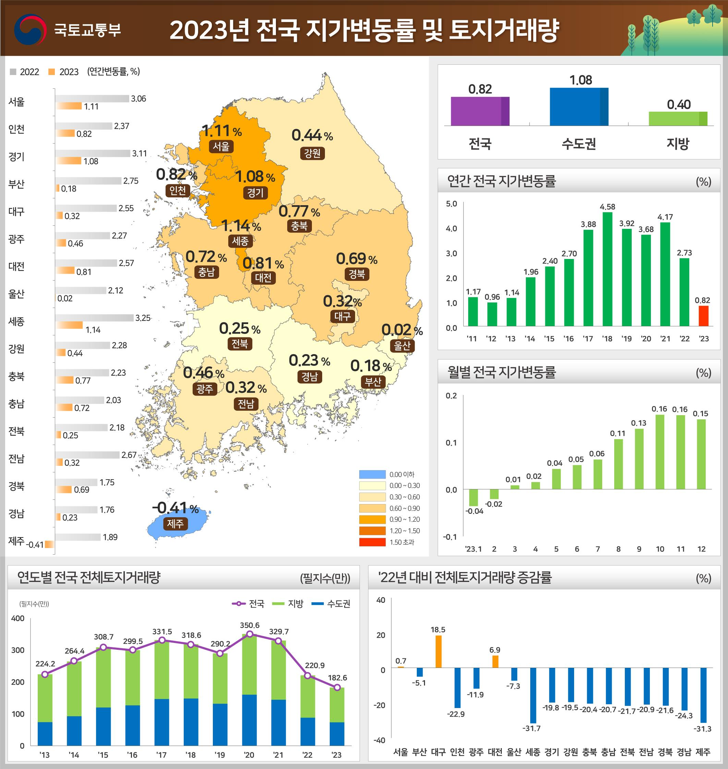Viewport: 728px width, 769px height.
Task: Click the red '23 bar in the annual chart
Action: pos(703,316)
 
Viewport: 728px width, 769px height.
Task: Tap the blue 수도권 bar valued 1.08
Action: pos(579,107)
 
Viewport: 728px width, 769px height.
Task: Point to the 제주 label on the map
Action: pos(175,524)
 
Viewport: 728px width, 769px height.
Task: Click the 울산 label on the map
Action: pos(402,346)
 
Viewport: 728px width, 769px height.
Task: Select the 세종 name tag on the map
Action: pos(240,241)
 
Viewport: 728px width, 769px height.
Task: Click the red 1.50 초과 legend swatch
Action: pos(372,542)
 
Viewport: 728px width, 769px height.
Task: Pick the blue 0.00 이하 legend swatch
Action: pos(372,474)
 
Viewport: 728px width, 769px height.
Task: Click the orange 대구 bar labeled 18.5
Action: pos(438,651)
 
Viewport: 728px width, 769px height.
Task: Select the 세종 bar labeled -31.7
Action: pos(533,695)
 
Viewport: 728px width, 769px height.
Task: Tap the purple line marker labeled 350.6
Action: pos(250,634)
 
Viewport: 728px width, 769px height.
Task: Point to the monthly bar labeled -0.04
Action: pos(473,498)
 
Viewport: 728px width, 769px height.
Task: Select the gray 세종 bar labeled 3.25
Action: pos(94,318)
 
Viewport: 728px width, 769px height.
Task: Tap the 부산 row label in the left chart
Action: pos(16,184)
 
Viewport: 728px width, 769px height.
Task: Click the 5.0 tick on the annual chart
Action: pos(451,204)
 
